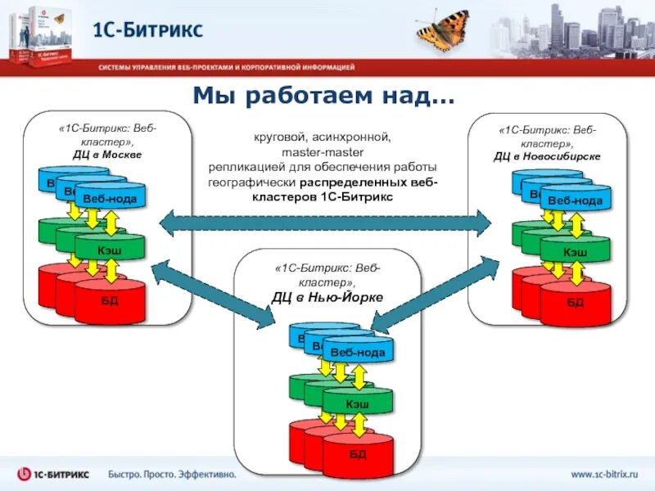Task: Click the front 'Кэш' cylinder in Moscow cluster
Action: click(x=109, y=249)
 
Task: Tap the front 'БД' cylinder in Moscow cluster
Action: click(x=110, y=301)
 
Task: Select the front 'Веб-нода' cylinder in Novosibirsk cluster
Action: click(x=575, y=200)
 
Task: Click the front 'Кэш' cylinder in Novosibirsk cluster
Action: click(x=575, y=252)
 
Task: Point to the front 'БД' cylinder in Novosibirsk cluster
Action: click(x=575, y=304)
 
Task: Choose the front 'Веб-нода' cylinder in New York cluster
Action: click(x=358, y=353)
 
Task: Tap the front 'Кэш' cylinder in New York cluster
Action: click(x=357, y=403)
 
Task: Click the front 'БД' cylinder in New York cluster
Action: click(x=357, y=454)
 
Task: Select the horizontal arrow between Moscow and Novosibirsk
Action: click(x=325, y=221)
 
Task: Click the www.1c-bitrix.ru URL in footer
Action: click(x=602, y=474)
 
